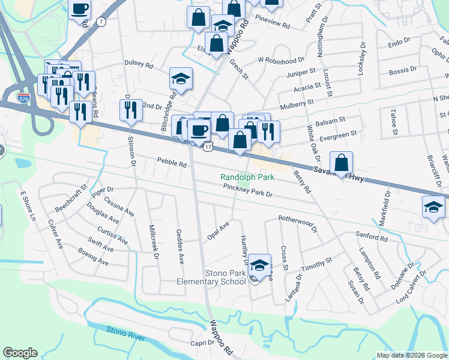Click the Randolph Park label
coord(247,177)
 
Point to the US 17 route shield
coord(207,146)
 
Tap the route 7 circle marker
coord(101,22)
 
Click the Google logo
coord(20,353)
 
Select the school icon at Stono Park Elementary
coord(259,265)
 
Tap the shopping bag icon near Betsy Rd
coord(341,162)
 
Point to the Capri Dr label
coord(202,343)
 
